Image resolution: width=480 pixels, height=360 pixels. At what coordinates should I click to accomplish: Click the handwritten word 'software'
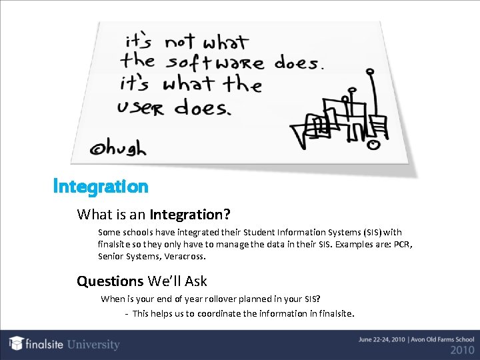(215, 63)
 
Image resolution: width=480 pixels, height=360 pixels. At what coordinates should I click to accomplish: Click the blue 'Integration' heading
(101, 186)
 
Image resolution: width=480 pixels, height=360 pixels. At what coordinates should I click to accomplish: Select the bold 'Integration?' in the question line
(191, 215)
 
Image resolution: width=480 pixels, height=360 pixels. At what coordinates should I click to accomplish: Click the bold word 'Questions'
(110, 281)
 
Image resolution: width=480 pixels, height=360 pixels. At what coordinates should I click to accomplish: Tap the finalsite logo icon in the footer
(17, 344)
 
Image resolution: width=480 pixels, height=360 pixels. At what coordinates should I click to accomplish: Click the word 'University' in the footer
(93, 345)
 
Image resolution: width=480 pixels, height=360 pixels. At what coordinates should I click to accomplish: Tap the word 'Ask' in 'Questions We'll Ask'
(195, 281)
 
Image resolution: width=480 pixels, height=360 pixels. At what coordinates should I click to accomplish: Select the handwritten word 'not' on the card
(180, 41)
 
